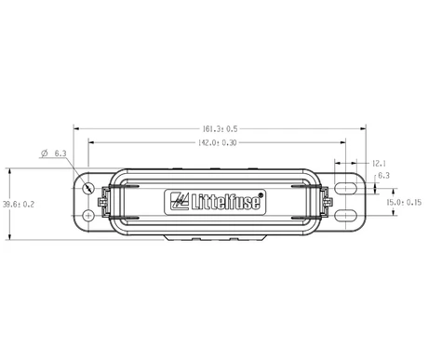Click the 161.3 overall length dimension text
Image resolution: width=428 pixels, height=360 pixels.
point(221,128)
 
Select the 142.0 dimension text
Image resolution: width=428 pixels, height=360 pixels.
point(217,142)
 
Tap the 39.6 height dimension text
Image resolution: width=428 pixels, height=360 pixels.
point(19,205)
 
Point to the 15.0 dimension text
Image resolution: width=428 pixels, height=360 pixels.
point(404,203)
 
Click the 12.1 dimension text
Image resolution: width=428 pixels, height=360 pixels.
point(379,163)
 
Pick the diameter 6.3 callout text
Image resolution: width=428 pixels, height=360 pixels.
point(54,153)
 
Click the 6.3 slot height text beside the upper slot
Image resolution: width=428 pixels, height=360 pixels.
point(383,176)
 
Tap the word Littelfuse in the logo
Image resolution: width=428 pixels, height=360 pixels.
point(225,202)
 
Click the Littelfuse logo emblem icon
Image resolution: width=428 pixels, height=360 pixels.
point(180,201)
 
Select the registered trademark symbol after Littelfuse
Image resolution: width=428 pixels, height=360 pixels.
point(261,195)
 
